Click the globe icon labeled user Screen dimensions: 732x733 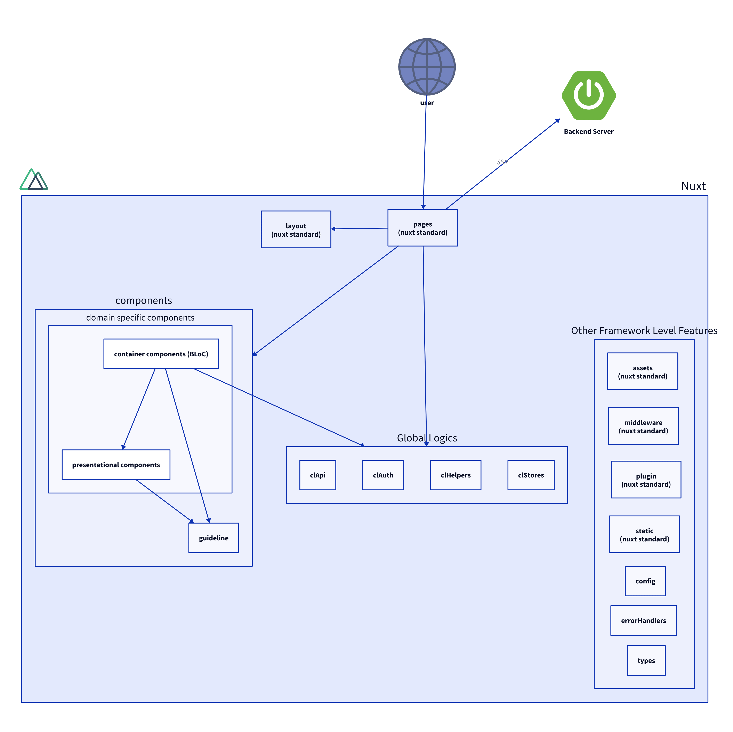(x=427, y=67)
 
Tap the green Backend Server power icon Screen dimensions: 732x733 (x=588, y=95)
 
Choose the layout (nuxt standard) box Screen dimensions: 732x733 (x=296, y=230)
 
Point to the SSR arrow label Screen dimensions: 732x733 (x=502, y=162)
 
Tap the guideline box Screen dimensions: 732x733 (x=214, y=538)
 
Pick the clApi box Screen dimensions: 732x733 (x=317, y=475)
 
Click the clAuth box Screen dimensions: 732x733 (x=383, y=475)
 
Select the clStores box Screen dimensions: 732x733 (x=531, y=475)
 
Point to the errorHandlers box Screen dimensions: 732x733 (x=643, y=621)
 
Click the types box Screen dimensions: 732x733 (x=646, y=660)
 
